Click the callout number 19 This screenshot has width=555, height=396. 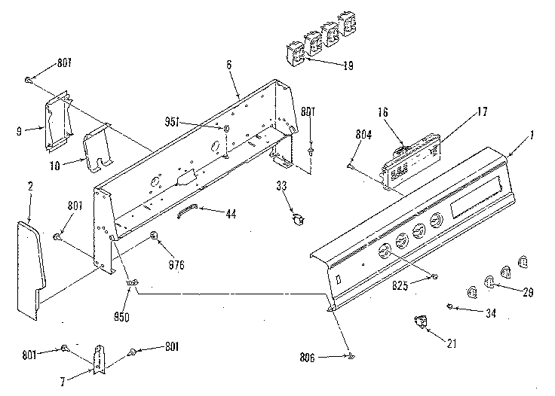coord(348,66)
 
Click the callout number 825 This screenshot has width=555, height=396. coord(402,285)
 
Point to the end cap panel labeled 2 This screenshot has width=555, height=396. coord(30,263)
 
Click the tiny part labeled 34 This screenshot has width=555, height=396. coord(449,306)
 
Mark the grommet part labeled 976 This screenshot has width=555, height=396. coord(154,236)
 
